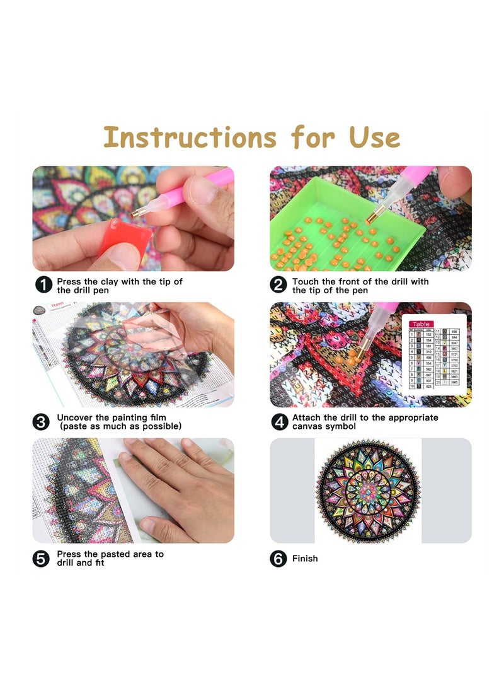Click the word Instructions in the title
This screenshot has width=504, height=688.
[190, 137]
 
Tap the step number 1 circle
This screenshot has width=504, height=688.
[43, 285]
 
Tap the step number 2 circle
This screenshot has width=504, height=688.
[278, 285]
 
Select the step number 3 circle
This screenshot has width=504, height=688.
[42, 421]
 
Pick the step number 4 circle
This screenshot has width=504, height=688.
[278, 421]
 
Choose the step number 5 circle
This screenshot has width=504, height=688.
[42, 558]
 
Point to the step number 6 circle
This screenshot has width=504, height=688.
[278, 559]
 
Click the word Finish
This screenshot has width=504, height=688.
[305, 559]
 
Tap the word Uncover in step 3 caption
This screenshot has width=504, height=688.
[76, 417]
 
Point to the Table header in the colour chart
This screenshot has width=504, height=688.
[421, 324]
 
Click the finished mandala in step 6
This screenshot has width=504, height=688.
[368, 491]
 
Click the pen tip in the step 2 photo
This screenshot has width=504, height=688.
[370, 221]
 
